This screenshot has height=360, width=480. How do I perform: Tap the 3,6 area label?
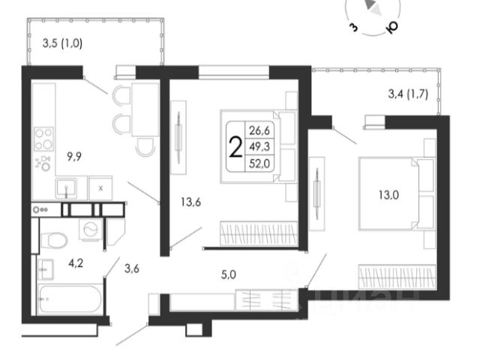click(x=132, y=265)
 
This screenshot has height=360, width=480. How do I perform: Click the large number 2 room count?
click(x=235, y=148)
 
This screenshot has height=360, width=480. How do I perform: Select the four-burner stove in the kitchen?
click(x=44, y=139)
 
